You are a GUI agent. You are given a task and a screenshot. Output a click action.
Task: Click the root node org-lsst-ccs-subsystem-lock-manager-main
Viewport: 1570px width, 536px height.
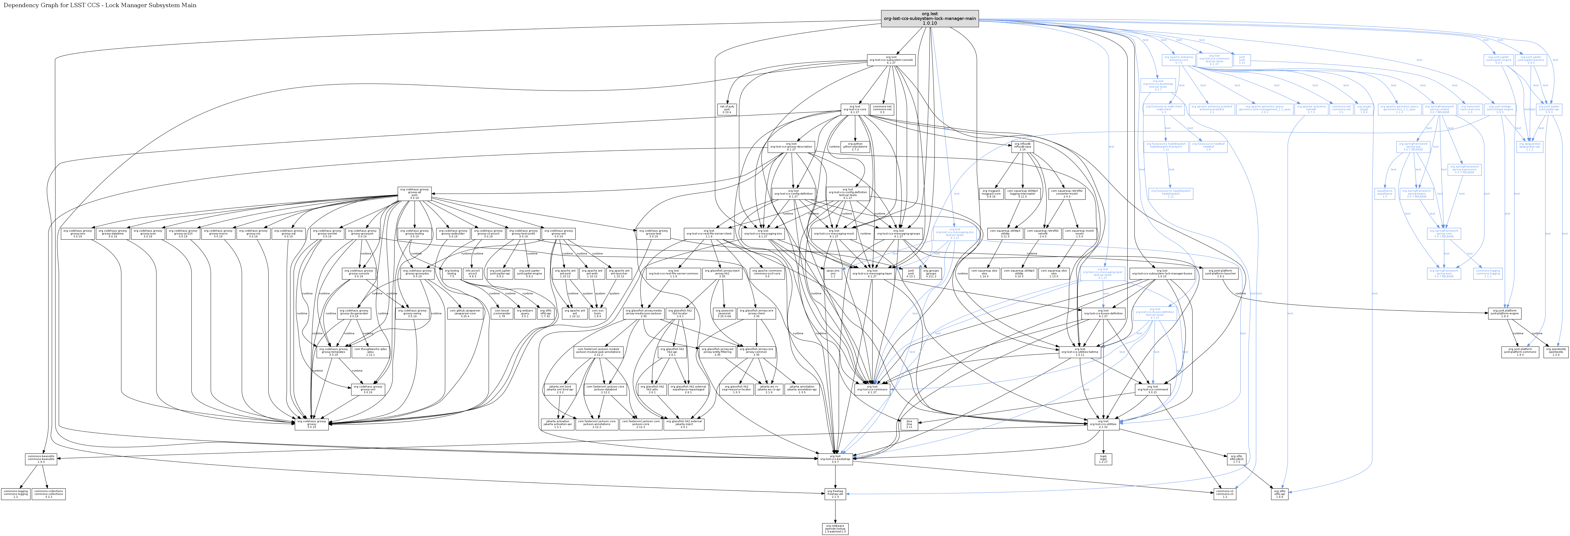point(929,18)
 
